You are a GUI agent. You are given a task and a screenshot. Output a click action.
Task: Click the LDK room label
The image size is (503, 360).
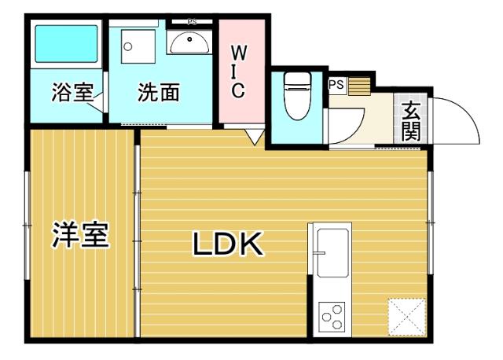tap(227, 245)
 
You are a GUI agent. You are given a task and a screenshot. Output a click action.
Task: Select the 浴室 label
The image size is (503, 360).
tap(72, 93)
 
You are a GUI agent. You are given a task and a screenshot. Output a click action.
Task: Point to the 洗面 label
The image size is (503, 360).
tap(159, 93)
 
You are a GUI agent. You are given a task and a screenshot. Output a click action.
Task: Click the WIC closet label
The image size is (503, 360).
tap(238, 72)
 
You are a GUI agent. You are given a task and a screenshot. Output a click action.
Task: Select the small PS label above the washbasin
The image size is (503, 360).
tap(192, 22)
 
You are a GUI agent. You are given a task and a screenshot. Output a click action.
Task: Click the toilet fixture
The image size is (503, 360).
tap(296, 95)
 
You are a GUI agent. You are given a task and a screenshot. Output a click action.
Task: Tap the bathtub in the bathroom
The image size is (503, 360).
tap(66, 46)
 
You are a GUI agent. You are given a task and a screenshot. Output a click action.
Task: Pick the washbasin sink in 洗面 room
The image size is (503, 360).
tap(189, 42)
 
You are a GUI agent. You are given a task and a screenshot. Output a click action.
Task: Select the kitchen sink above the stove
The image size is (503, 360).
tap(331, 251)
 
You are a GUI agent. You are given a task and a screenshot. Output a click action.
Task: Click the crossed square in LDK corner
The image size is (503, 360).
tap(407, 318)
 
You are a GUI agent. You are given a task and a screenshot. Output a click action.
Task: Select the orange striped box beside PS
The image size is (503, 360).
tap(358, 84)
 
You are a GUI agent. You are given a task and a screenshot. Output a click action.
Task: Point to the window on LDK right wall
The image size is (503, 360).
tap(430, 223)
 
